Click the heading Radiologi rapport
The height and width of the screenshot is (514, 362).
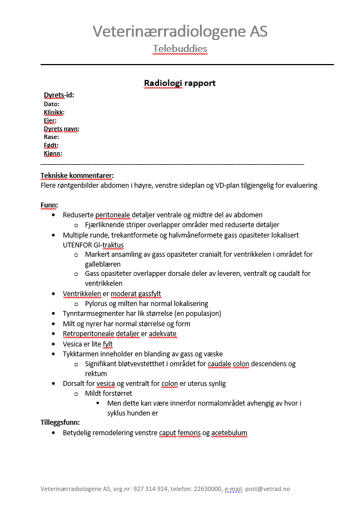(x=179, y=83)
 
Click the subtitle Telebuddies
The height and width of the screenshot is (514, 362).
(x=180, y=49)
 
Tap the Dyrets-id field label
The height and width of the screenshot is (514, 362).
(x=59, y=95)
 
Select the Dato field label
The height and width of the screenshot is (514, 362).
(x=51, y=104)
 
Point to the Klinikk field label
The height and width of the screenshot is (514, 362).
(x=54, y=112)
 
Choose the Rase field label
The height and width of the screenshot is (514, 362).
(x=51, y=137)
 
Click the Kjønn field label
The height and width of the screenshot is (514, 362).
(x=53, y=154)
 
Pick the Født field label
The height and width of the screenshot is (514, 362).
(x=51, y=146)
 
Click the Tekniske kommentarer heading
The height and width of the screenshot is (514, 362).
(x=77, y=176)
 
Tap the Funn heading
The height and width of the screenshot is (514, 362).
(x=49, y=205)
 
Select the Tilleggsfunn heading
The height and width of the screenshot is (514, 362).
(x=60, y=423)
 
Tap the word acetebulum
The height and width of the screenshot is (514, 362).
(x=229, y=433)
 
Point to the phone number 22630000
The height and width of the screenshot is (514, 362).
(x=207, y=489)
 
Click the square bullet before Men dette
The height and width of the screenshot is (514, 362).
(x=98, y=403)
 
